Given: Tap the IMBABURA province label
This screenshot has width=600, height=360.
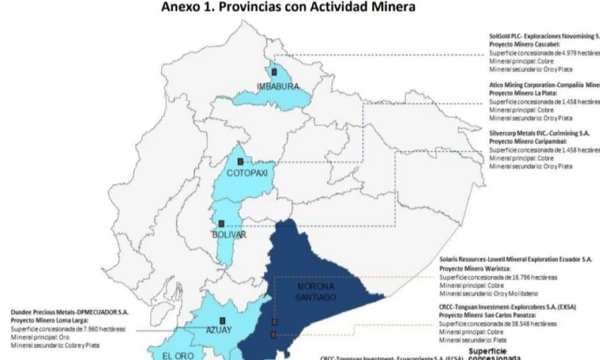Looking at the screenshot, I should click(278, 87).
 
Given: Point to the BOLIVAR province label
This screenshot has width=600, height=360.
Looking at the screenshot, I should click(229, 235).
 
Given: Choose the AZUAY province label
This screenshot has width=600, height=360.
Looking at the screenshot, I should click(220, 329).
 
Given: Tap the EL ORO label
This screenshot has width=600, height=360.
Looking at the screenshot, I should click(178, 355).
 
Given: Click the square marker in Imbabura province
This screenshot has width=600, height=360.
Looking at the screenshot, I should click(274, 72).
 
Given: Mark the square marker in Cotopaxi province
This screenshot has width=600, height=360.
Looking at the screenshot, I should click(240, 161).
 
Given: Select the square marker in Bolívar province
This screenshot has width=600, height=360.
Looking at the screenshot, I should click(221, 223).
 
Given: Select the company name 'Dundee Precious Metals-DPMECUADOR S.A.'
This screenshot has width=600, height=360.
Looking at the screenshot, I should click(69, 312).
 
